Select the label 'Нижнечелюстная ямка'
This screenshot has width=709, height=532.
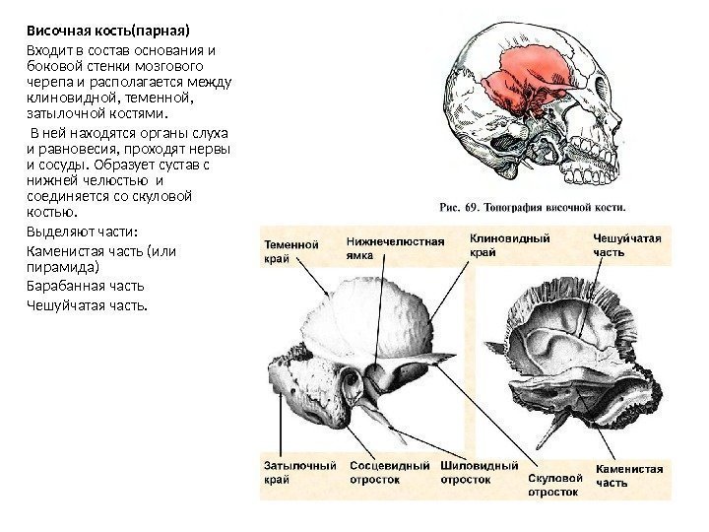point(395,248)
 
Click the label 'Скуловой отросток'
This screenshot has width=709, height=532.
point(555,483)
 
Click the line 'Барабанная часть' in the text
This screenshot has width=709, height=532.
point(83,286)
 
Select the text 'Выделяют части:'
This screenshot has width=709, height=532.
point(80,232)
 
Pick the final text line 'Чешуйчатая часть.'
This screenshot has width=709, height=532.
point(86,304)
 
